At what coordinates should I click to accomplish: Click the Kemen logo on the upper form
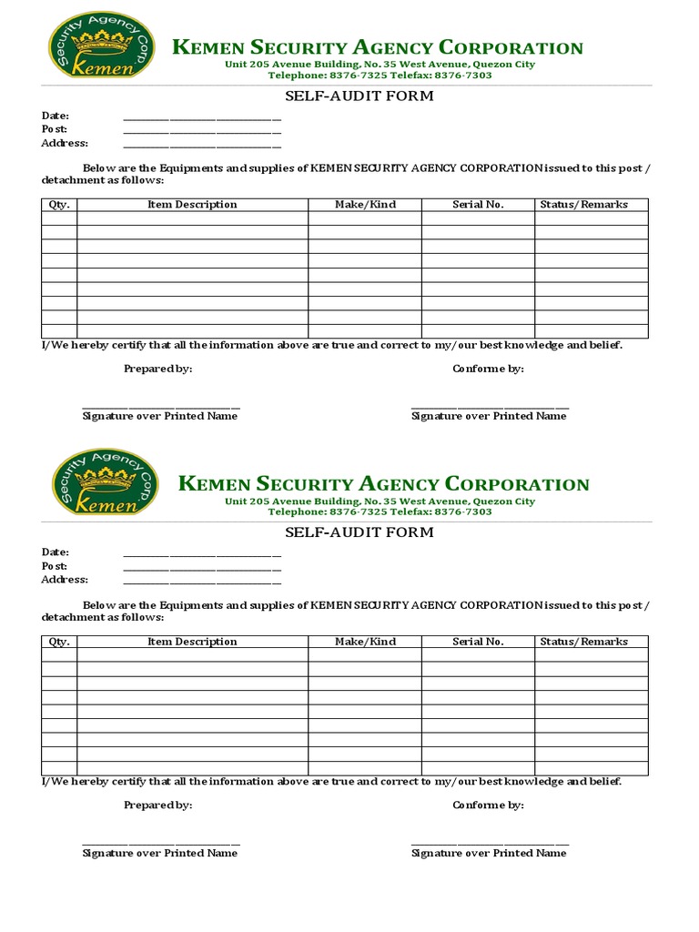[101, 46]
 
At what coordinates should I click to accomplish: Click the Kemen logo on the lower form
[105, 482]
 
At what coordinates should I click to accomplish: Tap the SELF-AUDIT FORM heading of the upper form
[346, 96]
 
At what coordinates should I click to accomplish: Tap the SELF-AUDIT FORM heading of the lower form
[346, 532]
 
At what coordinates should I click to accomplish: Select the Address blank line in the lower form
[202, 582]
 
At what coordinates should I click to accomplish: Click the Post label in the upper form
[55, 129]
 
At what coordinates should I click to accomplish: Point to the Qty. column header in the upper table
[59, 205]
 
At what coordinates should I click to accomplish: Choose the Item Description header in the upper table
[192, 205]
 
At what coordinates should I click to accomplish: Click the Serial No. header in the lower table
[478, 642]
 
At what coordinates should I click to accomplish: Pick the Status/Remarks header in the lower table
[583, 642]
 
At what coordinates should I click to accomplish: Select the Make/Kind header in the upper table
[365, 205]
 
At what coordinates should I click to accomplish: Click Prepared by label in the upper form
[157, 369]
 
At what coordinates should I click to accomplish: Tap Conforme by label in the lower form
[488, 805]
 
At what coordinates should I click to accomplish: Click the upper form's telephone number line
[380, 76]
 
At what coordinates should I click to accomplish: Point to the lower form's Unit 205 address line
[380, 501]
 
